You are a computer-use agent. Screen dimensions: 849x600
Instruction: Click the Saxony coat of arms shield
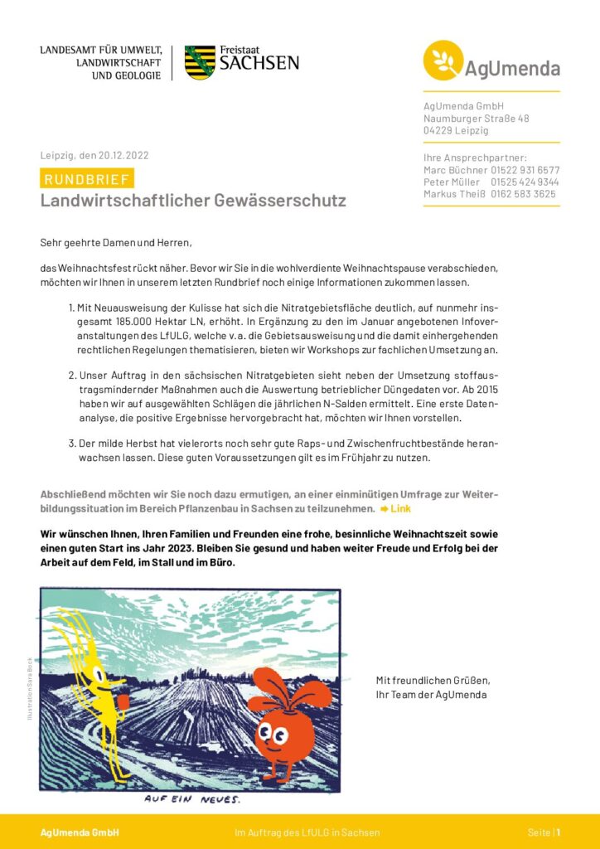[200, 63]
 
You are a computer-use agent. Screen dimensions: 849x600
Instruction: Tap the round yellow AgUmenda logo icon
[443, 61]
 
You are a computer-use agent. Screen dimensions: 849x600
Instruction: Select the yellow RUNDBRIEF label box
[86, 179]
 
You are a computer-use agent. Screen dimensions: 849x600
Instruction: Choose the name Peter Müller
[452, 182]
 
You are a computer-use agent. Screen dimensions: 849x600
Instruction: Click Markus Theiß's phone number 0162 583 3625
[525, 194]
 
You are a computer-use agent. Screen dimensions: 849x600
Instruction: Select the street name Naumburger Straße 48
[476, 119]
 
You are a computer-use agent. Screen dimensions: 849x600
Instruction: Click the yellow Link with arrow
[395, 508]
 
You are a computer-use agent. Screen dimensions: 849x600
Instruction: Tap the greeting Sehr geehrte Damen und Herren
[115, 243]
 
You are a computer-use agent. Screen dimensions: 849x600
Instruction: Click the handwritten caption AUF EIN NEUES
[191, 800]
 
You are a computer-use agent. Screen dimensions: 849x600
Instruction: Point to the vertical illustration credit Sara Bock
[30, 688]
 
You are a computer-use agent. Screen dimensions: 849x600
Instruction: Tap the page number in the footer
[558, 832]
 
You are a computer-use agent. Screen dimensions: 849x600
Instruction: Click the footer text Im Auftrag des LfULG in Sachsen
[307, 832]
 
